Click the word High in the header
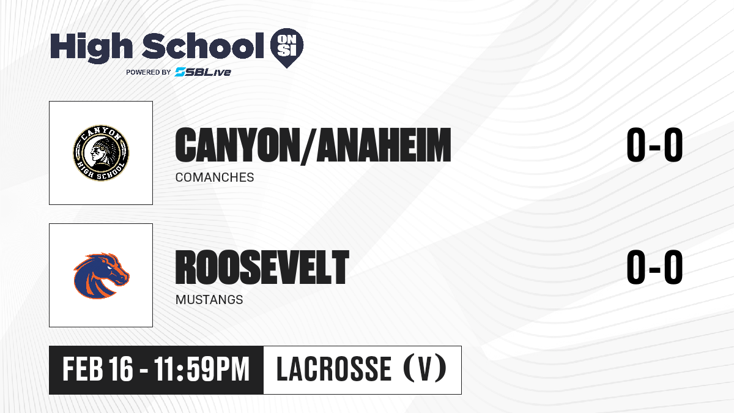pyautogui.click(x=91, y=47)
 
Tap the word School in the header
pyautogui.click(x=203, y=45)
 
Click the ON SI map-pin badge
pyautogui.click(x=287, y=48)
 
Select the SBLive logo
pyautogui.click(x=202, y=72)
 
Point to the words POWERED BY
pyautogui.click(x=149, y=72)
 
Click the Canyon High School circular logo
pyautogui.click(x=101, y=153)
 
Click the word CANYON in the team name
pyautogui.click(x=235, y=145)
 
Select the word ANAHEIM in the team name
pyautogui.click(x=384, y=145)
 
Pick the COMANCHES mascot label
pyautogui.click(x=215, y=177)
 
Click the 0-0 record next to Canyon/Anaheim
pyautogui.click(x=654, y=144)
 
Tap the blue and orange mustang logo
pyautogui.click(x=102, y=275)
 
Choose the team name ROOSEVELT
pyautogui.click(x=262, y=267)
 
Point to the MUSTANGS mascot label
pyautogui.click(x=209, y=300)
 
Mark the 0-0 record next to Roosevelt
pyautogui.click(x=654, y=267)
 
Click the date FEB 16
pyautogui.click(x=98, y=370)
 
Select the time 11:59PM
pyautogui.click(x=202, y=370)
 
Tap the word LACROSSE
pyautogui.click(x=334, y=370)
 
